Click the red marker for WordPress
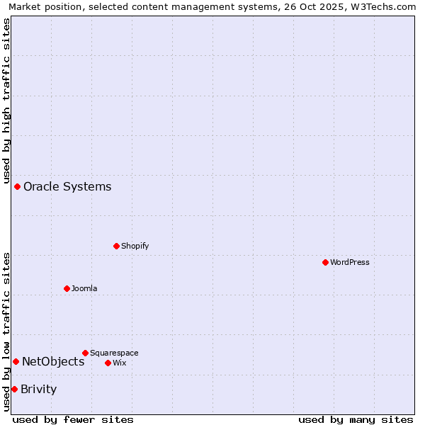[x=325, y=262]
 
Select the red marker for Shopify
[x=116, y=246]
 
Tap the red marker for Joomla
[x=67, y=288]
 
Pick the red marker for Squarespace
[x=85, y=353]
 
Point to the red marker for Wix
[x=108, y=363]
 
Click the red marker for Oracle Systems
[x=17, y=186]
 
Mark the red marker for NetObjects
[x=16, y=361]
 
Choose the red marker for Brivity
[x=14, y=389]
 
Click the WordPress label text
[x=350, y=262]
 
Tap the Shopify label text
[x=135, y=246]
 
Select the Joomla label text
[x=84, y=288]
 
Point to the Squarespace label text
[x=114, y=353]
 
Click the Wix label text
[x=120, y=363]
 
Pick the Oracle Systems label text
[x=67, y=187]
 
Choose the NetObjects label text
[x=53, y=362]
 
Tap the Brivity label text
[x=39, y=390]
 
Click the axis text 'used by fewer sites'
[x=73, y=419]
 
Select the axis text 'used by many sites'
[x=356, y=419]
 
